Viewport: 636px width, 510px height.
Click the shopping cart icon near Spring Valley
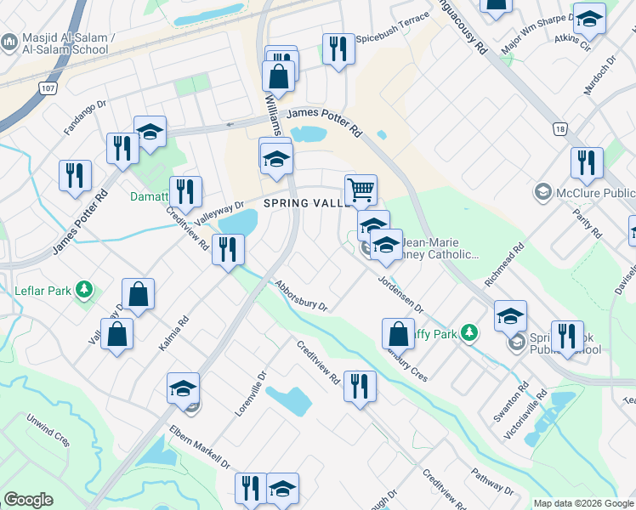click(361, 190)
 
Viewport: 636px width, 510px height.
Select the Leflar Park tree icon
click(83, 290)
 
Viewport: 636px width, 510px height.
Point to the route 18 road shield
click(559, 128)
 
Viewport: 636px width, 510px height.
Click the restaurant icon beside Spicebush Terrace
click(338, 48)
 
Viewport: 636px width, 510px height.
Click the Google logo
click(28, 500)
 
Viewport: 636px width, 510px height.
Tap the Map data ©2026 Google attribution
click(583, 503)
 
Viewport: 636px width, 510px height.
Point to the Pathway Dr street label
click(492, 484)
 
